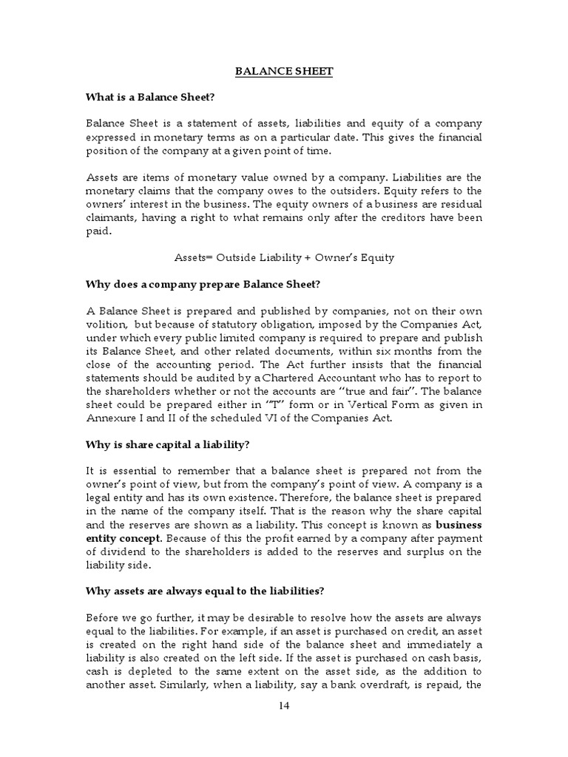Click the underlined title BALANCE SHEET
pos(284,72)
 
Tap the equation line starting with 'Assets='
pos(284,257)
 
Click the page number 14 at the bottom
pos(284,705)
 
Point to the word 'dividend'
pos(117,551)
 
